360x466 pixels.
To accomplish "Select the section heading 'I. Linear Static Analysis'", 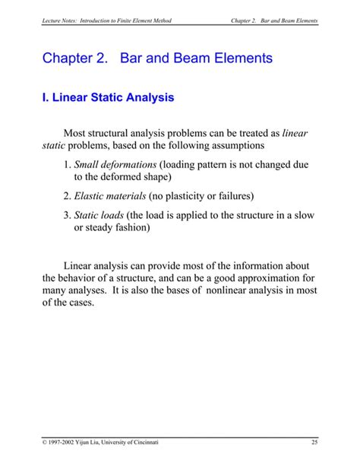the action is (x=108, y=97).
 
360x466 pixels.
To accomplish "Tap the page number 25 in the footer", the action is (x=314, y=442).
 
